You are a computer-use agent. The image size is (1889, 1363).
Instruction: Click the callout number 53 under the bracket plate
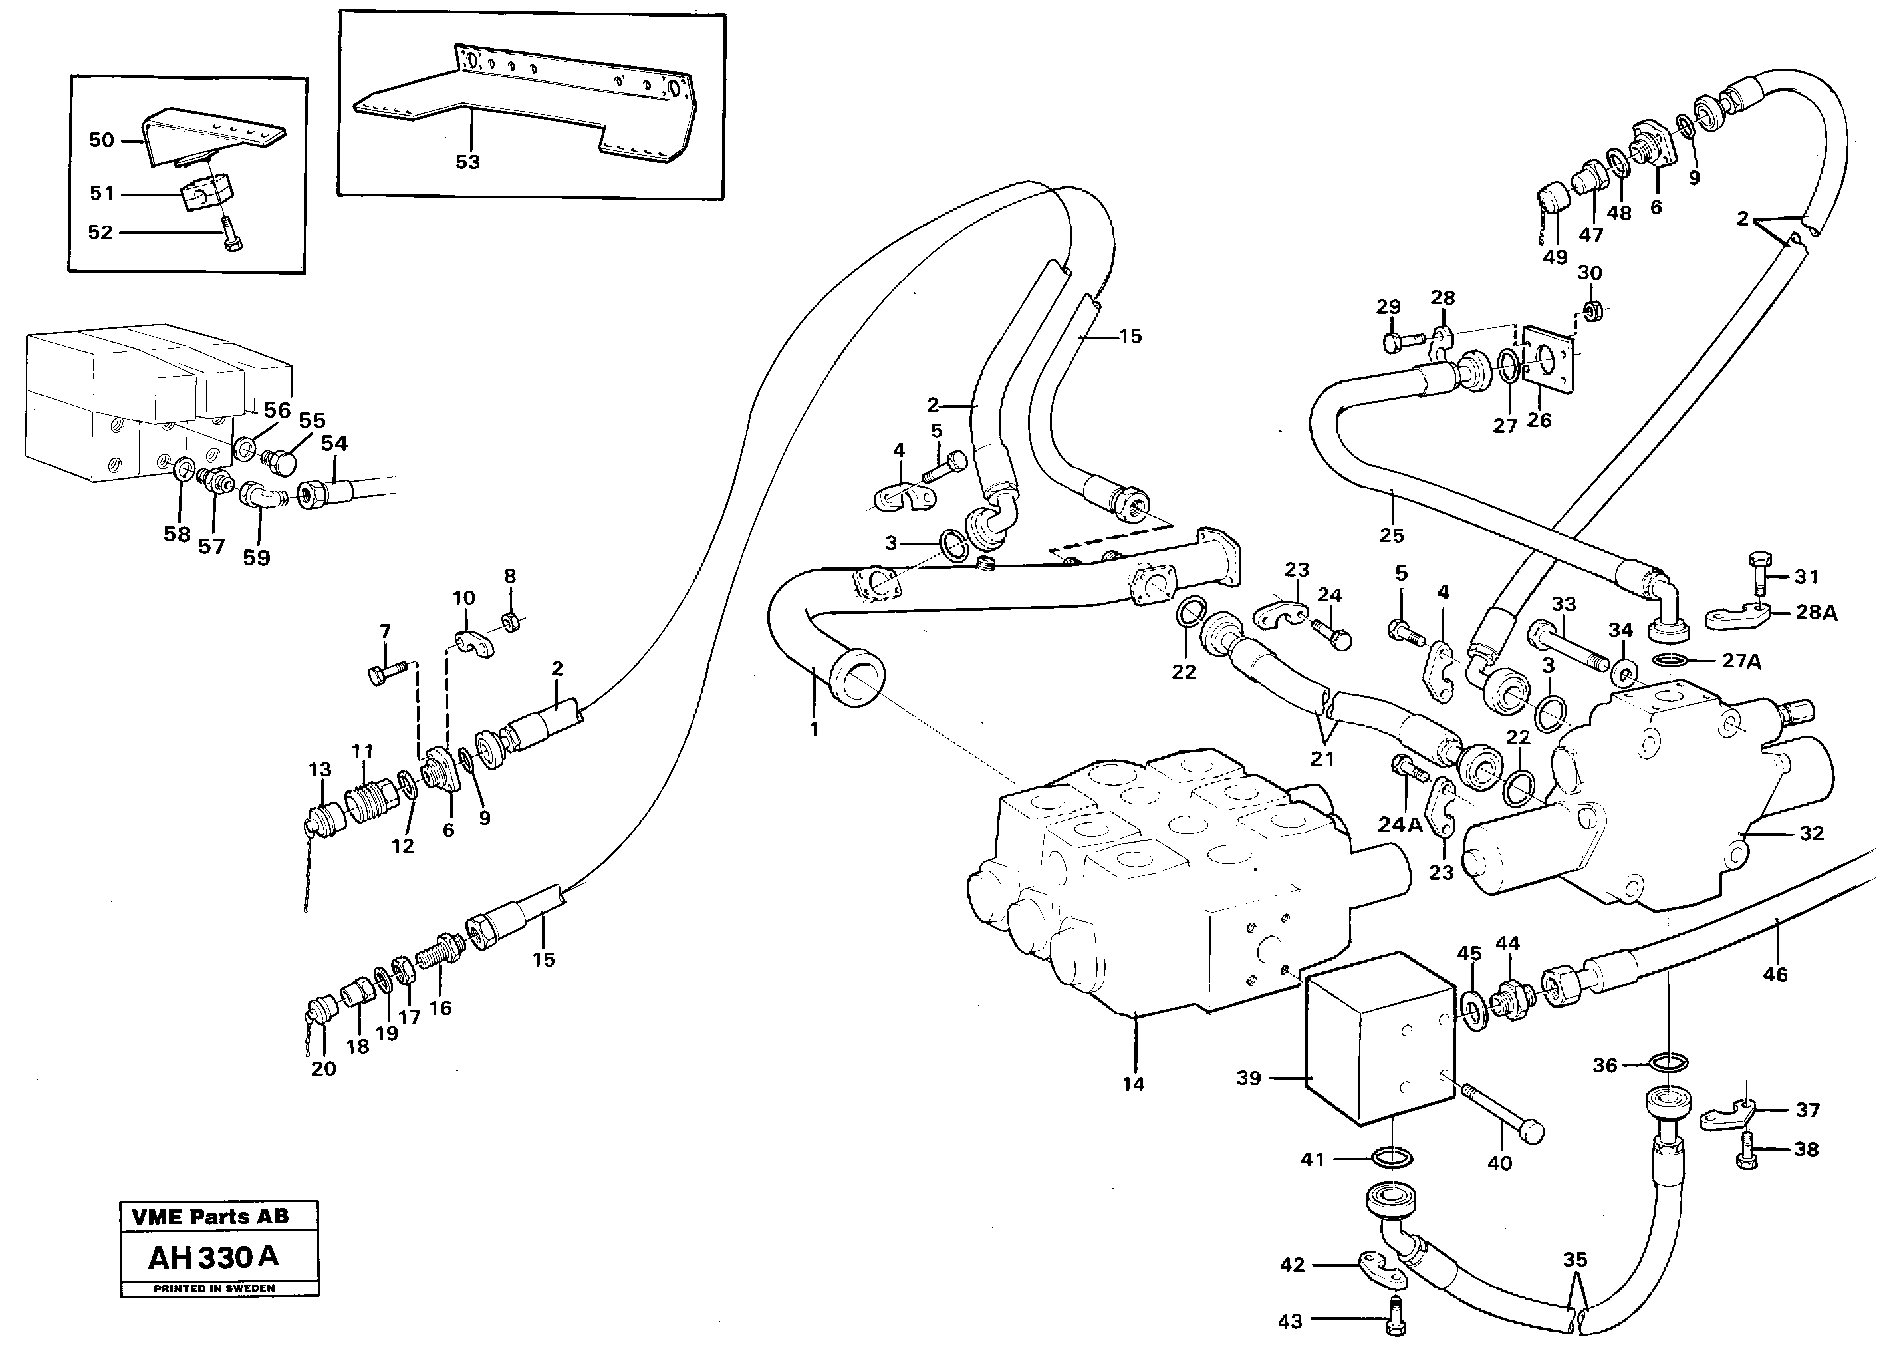(467, 162)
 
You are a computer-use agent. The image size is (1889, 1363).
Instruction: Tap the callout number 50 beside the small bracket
(102, 140)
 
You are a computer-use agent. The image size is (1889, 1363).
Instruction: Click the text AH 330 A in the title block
(213, 1257)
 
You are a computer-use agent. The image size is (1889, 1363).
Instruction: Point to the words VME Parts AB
(210, 1217)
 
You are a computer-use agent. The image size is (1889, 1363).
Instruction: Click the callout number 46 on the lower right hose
(1775, 974)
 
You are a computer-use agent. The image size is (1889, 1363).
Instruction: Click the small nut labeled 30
(1591, 311)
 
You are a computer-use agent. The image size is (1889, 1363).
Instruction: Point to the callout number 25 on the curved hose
(1392, 535)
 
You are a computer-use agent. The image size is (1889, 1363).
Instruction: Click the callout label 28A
(1817, 613)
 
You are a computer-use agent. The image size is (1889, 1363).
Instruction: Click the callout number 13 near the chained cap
(320, 770)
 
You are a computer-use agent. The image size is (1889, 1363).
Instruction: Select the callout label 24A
(1399, 825)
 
